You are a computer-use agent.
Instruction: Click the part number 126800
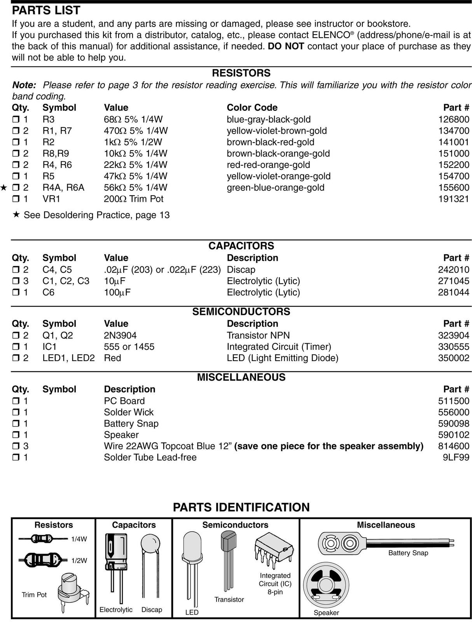click(453, 119)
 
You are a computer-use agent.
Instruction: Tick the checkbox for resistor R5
click(16, 176)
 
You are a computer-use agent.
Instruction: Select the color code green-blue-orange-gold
click(275, 187)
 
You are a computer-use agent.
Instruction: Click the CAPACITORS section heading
click(241, 246)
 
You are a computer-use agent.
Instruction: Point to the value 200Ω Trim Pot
click(133, 199)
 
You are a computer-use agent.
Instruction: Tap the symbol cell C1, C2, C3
click(66, 281)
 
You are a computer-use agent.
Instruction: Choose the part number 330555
click(453, 346)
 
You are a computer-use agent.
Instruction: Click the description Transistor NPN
click(258, 335)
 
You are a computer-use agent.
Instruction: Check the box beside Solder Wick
click(16, 412)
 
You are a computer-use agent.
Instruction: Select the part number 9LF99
click(456, 457)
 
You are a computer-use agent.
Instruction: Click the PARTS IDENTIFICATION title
click(241, 507)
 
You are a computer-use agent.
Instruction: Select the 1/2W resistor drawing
click(42, 560)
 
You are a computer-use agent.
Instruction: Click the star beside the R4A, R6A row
click(4, 188)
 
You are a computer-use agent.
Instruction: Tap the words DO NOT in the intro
click(286, 46)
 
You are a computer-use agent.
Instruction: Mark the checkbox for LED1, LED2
click(16, 358)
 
